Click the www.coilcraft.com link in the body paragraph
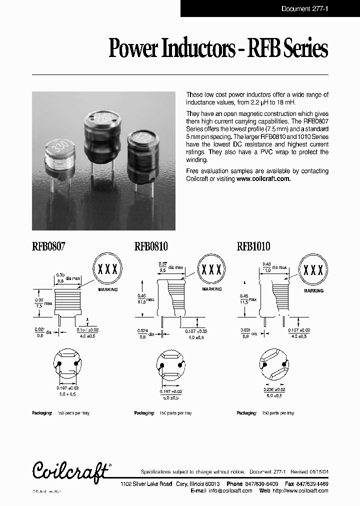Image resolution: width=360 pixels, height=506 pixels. (263, 178)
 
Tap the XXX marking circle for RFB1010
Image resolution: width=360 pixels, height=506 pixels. (313, 270)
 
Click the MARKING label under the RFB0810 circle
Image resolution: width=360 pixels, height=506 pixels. (211, 289)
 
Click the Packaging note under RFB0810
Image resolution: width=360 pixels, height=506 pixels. (163, 413)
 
